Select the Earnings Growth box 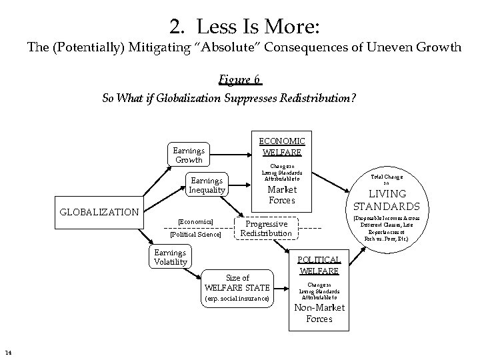(188, 155)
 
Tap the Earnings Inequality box (207, 185)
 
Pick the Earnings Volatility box (171, 257)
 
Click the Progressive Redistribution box (266, 229)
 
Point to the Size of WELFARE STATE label (237, 283)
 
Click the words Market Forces (281, 195)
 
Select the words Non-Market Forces (314, 313)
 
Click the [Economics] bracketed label (195, 221)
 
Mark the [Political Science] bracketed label (195, 234)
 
